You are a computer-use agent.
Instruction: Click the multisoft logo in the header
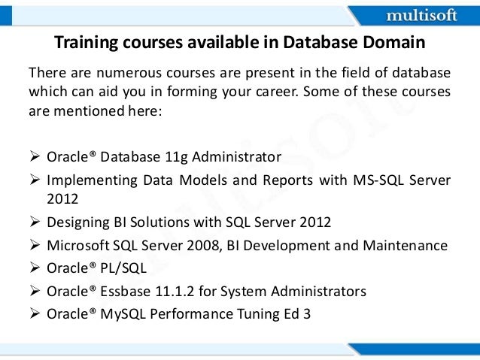click(x=422, y=14)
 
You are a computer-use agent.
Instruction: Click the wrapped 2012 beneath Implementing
click(x=62, y=198)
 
